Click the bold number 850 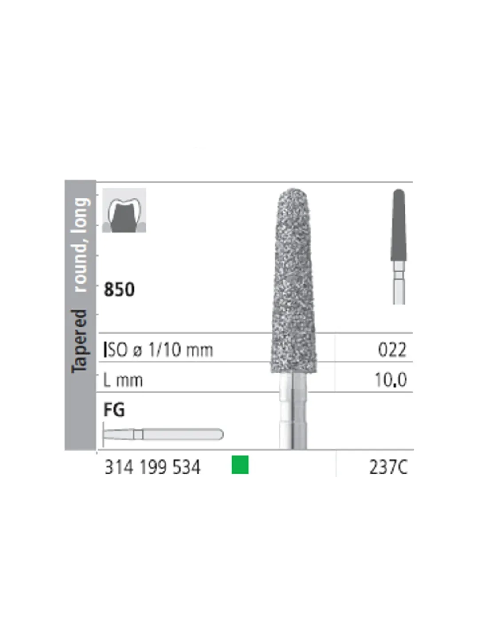(119, 289)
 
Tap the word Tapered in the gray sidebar (80, 341)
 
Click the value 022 (392, 350)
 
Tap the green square (240, 465)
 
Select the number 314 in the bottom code (119, 468)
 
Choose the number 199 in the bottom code (153, 468)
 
